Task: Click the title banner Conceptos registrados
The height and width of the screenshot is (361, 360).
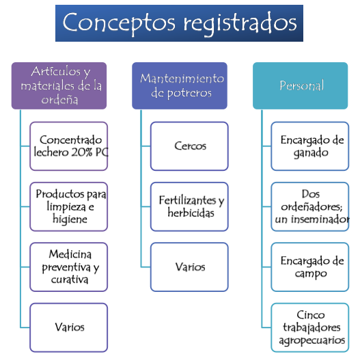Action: [179, 23]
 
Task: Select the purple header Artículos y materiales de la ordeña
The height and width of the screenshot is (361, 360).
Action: [59, 85]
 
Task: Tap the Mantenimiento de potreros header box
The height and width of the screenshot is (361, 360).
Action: [180, 85]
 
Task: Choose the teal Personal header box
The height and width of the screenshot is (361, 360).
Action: [300, 85]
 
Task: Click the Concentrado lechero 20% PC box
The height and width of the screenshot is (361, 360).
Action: [69, 146]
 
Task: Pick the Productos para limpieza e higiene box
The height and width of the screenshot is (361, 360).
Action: [69, 206]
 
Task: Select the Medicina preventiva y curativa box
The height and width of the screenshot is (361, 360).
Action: [69, 267]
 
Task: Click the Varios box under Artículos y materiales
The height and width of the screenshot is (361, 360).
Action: [69, 327]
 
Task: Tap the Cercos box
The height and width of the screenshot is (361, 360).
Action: [189, 146]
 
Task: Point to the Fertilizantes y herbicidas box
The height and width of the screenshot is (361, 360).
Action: [189, 206]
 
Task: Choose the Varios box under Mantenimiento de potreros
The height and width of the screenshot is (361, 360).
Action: [189, 267]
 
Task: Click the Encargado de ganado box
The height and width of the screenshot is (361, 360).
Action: [310, 146]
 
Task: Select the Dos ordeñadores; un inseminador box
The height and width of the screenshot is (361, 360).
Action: [310, 206]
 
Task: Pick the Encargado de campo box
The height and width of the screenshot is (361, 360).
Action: [310, 267]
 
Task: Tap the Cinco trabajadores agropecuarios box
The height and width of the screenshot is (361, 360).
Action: [310, 327]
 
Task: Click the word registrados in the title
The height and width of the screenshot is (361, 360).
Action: [240, 24]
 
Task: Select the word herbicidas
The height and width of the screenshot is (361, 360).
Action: [191, 213]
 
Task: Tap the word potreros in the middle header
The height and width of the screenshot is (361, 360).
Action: [189, 94]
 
